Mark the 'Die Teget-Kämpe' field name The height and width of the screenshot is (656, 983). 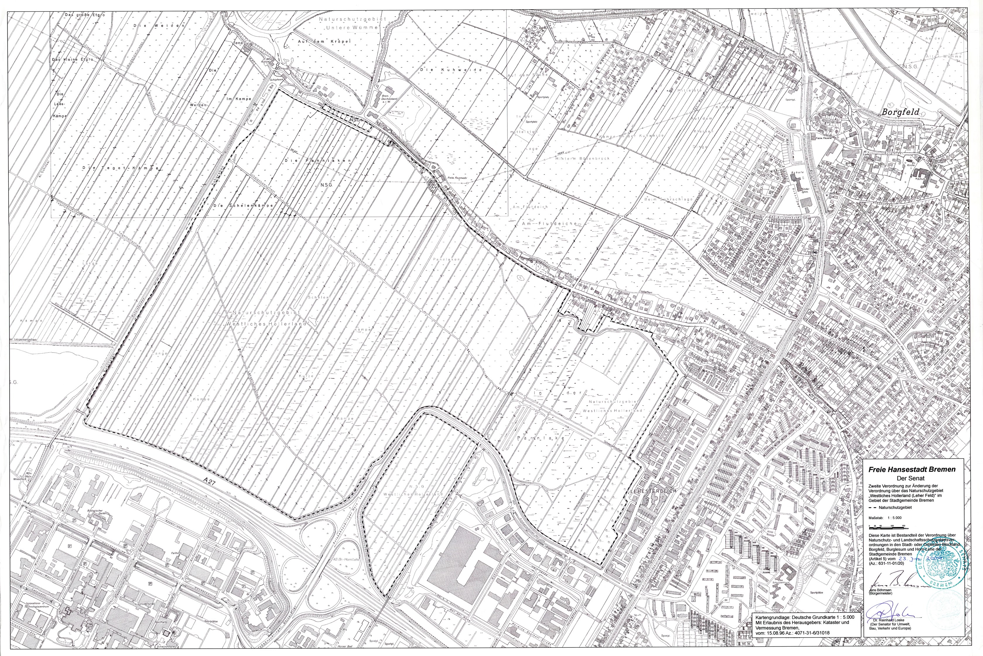click(121, 168)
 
